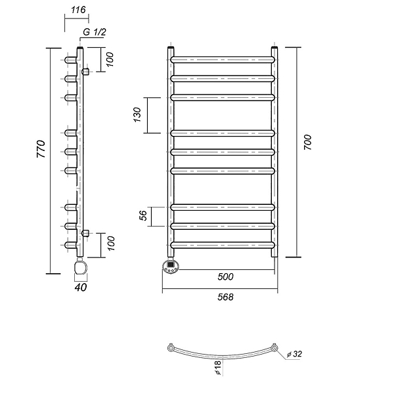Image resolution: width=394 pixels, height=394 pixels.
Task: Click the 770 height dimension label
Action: click(x=41, y=149)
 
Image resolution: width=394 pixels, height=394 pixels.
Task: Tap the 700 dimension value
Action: click(x=307, y=142)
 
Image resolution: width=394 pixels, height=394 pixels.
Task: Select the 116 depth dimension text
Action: click(x=78, y=10)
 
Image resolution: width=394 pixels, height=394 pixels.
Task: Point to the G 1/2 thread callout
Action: click(x=95, y=32)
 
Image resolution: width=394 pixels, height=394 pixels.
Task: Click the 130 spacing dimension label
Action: click(x=137, y=115)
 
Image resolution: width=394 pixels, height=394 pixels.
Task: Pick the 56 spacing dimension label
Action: click(x=143, y=215)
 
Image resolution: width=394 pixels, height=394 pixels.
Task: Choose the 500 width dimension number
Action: click(x=225, y=276)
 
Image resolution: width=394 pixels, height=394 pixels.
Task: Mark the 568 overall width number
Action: click(x=225, y=297)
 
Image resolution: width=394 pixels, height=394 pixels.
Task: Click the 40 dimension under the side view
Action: click(x=81, y=287)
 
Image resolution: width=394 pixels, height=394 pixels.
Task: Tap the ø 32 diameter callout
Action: click(x=294, y=354)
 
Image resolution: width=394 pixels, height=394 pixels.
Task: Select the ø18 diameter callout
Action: click(x=218, y=368)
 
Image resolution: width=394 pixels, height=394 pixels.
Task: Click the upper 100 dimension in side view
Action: click(x=110, y=60)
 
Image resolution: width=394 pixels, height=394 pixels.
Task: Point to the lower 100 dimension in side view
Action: click(x=110, y=243)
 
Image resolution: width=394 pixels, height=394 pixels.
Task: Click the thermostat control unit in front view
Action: click(x=171, y=267)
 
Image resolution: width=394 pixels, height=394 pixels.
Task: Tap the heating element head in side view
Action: click(x=81, y=267)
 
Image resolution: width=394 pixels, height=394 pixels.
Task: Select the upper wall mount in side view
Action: click(x=85, y=72)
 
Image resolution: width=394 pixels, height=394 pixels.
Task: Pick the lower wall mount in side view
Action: click(x=85, y=233)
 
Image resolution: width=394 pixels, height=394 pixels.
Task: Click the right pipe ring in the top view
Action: click(x=274, y=348)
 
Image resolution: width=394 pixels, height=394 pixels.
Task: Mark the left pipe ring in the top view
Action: click(x=171, y=348)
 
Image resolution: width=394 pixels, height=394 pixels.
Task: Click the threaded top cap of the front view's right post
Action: click(x=274, y=47)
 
